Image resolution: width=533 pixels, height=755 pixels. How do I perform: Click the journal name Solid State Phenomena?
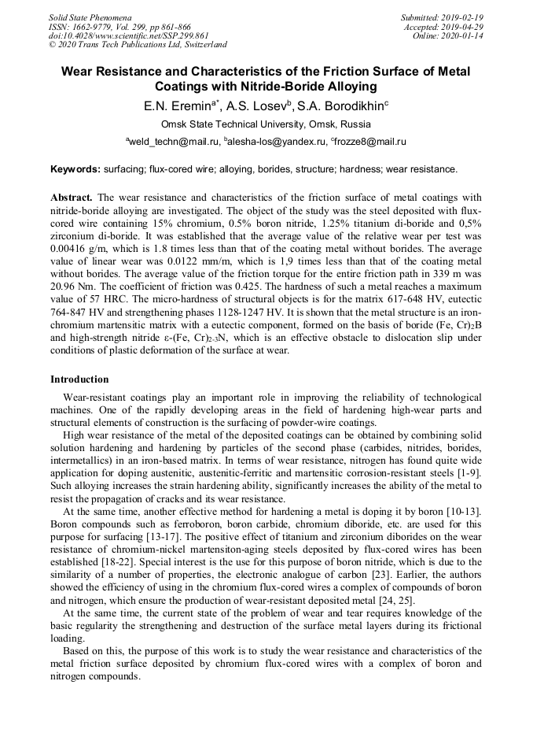tap(90, 17)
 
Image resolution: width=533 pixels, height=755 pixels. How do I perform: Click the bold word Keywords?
tap(75, 169)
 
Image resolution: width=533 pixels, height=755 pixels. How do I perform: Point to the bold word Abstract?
tap(72, 198)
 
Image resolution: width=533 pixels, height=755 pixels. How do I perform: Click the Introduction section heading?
tap(79, 379)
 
